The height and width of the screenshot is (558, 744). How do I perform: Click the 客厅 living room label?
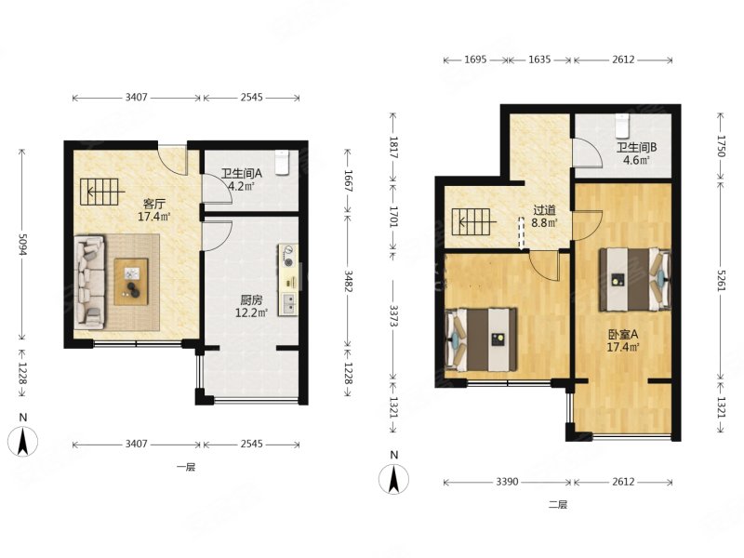tap(154, 205)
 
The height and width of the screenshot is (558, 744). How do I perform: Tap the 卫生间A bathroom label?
tap(242, 173)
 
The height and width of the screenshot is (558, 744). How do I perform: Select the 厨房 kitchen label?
tap(251, 299)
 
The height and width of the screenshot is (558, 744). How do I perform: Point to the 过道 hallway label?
tap(544, 210)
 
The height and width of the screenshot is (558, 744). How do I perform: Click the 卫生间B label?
tap(636, 148)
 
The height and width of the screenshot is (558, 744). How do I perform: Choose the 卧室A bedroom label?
tap(623, 335)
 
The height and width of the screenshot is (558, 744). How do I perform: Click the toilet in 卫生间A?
tap(283, 162)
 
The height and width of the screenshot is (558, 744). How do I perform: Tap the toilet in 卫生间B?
tap(621, 125)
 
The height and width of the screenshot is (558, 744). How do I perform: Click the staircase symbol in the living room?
tap(100, 192)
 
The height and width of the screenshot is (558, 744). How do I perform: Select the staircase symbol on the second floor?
tap(472, 222)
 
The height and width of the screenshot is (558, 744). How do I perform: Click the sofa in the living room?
tap(90, 282)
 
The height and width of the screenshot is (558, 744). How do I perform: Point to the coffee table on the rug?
tap(131, 282)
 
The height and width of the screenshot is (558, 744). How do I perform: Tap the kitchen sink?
tap(288, 304)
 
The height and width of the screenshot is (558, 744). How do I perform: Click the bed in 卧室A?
tap(635, 279)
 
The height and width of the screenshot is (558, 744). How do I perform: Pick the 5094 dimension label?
tap(21, 244)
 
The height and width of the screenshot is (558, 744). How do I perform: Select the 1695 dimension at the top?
tap(475, 60)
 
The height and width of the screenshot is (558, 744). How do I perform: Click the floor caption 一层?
tap(186, 468)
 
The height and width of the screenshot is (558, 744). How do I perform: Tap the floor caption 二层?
tap(558, 505)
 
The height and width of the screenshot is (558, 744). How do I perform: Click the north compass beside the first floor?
tap(22, 440)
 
